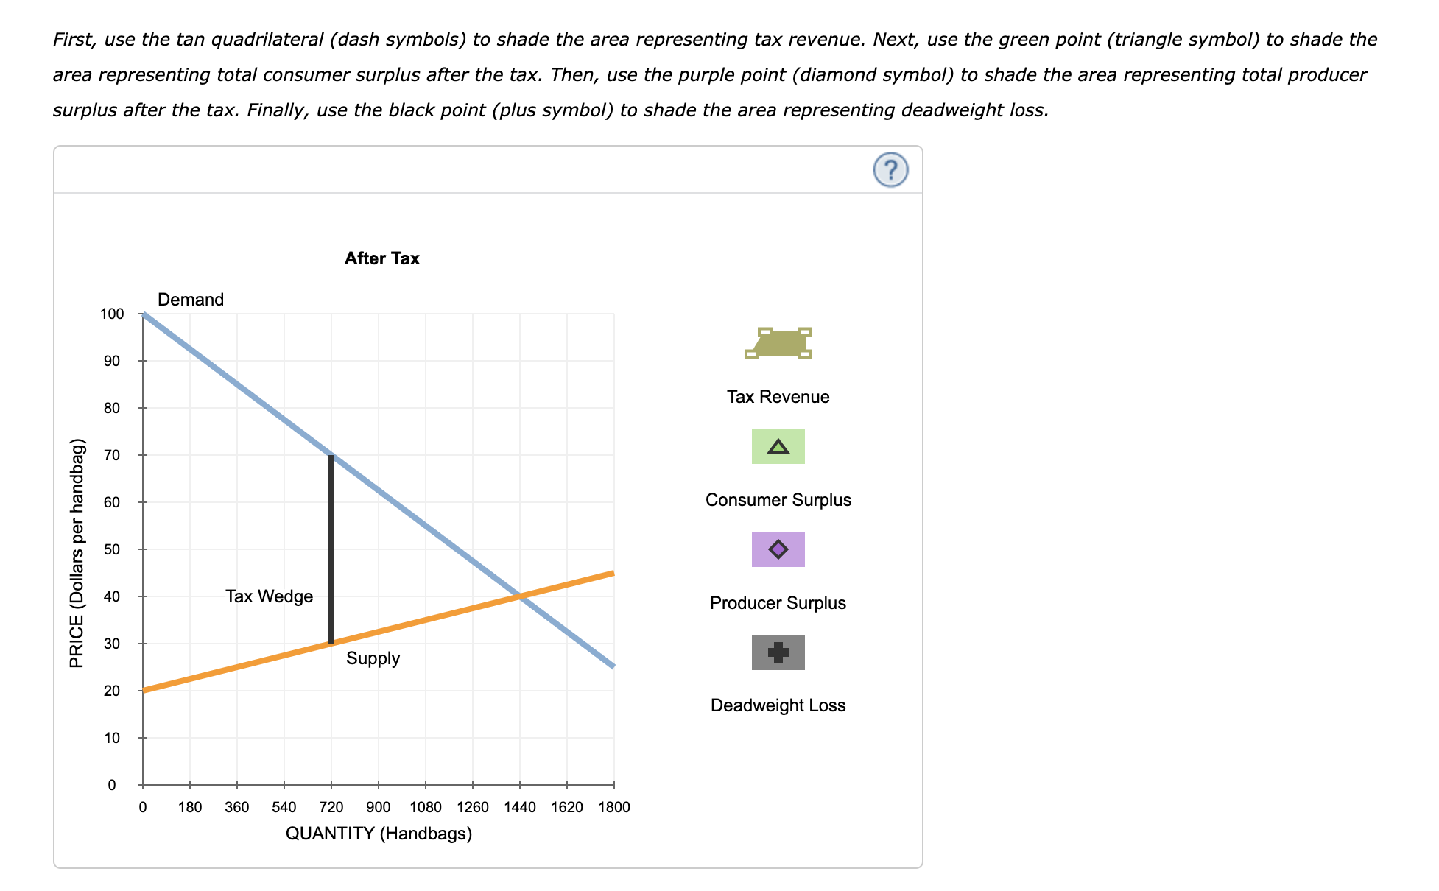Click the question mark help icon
[890, 170]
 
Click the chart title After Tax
[381, 258]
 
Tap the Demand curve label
[190, 300]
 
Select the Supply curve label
[373, 658]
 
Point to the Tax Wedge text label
[269, 596]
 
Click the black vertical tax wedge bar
[331, 549]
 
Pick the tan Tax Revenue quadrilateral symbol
[778, 343]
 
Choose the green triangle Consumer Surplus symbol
[778, 446]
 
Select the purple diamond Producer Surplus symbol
[778, 549]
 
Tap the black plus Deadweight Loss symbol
[778, 652]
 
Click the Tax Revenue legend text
[778, 397]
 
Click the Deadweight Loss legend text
[778, 705]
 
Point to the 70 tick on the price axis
[111, 455]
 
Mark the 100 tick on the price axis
[112, 314]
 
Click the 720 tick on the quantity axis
[331, 807]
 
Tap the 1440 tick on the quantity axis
[520, 807]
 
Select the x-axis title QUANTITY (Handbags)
[379, 834]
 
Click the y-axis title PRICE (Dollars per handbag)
[77, 553]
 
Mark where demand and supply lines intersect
[520, 596]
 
